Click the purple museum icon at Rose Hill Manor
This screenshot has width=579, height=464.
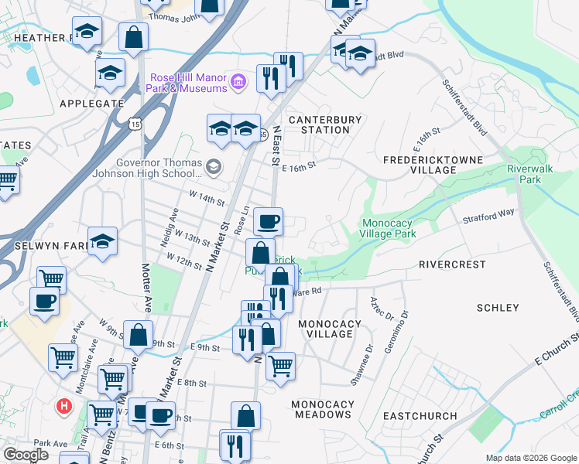(x=238, y=80)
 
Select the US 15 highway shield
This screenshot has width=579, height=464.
(x=135, y=123)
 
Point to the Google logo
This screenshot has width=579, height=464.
(x=26, y=455)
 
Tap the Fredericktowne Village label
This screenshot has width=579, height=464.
(x=433, y=165)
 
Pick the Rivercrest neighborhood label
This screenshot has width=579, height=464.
(x=452, y=264)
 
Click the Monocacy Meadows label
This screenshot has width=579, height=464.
(x=322, y=409)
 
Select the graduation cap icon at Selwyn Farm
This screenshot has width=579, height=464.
(x=101, y=241)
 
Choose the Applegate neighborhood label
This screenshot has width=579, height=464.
(x=91, y=103)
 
